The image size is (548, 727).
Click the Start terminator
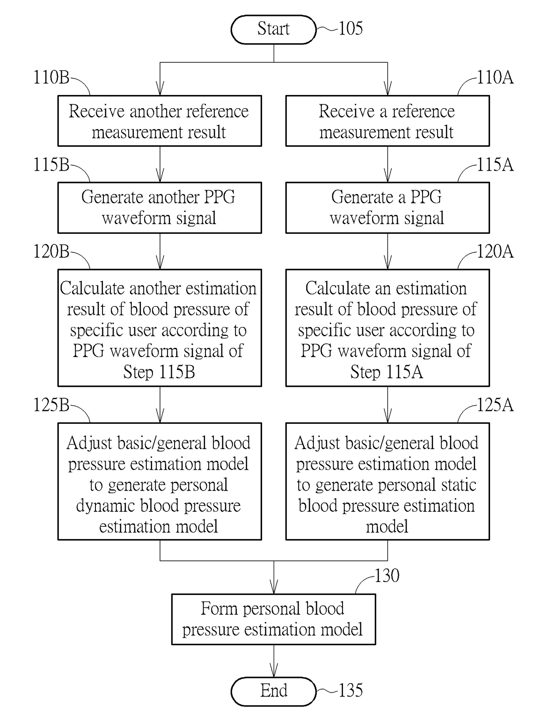tap(273, 29)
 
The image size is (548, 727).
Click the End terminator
tap(273, 691)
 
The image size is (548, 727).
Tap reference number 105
tap(350, 28)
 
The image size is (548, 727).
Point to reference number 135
tap(350, 690)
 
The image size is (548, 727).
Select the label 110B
tap(51, 77)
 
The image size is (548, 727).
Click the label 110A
tap(495, 77)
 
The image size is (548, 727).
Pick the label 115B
tap(51, 164)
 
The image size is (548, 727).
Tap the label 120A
tap(495, 251)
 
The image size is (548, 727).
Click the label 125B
tap(51, 405)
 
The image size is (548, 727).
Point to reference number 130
tap(387, 575)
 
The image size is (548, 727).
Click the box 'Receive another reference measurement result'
tap(160, 121)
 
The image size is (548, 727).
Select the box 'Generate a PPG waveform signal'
tap(388, 208)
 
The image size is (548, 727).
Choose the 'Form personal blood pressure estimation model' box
tap(273, 619)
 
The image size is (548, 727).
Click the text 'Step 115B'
tap(159, 372)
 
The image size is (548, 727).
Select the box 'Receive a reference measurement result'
tap(388, 121)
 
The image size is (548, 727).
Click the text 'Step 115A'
tap(386, 372)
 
